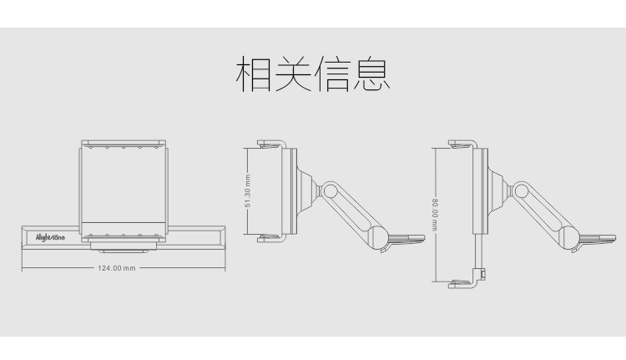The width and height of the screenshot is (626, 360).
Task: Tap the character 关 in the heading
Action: [x=293, y=76]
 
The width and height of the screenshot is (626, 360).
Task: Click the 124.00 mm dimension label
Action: [x=117, y=268]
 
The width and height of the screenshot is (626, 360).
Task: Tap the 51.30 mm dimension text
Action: [x=248, y=193]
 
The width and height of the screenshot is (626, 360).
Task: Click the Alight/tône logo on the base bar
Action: [x=52, y=237]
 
